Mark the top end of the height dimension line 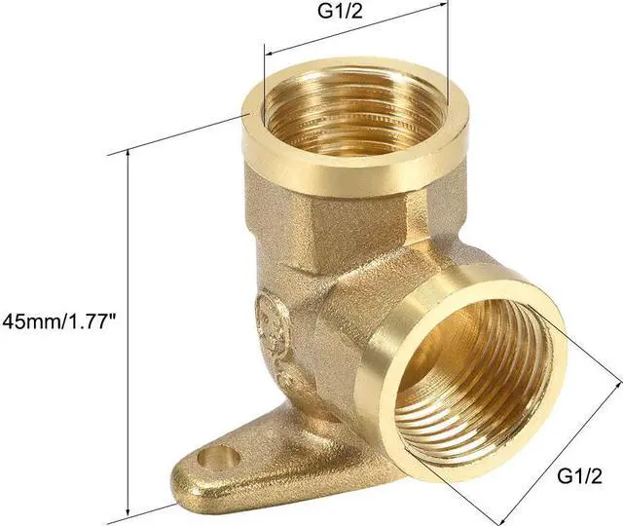click(x=127, y=153)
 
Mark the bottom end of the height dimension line click(x=127, y=514)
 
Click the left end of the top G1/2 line click(x=265, y=55)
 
